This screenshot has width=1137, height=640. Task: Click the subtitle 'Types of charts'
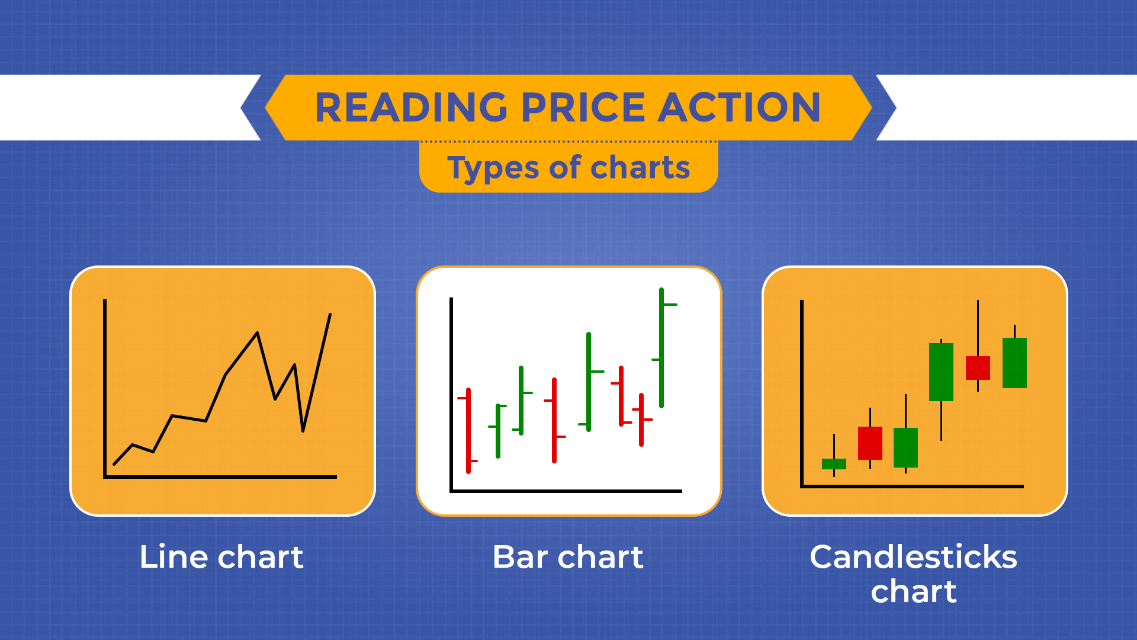(568, 168)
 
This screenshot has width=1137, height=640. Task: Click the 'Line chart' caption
(221, 557)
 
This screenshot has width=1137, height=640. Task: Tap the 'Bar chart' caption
(567, 557)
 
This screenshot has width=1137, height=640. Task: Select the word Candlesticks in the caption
(913, 557)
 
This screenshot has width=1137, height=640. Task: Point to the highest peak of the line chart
(330, 315)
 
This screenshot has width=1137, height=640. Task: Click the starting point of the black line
(114, 464)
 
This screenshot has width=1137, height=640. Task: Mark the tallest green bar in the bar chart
(661, 348)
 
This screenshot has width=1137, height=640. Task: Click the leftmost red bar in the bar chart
(468, 431)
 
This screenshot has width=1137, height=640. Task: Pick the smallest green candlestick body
(834, 464)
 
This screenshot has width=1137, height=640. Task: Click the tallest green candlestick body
(941, 372)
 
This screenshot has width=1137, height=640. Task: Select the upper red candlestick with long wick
(978, 368)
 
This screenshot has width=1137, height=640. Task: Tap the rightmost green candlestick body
(1014, 363)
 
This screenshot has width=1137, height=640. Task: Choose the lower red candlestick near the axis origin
(870, 443)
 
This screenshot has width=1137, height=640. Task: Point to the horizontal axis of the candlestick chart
(912, 487)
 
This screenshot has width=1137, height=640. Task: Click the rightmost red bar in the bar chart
(641, 420)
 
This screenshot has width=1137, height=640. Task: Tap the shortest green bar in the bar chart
(498, 431)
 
